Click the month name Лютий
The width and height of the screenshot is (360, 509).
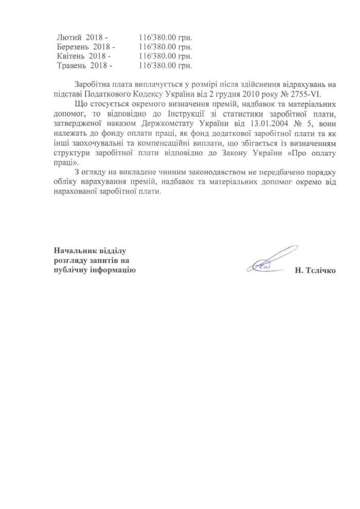[x=68, y=38]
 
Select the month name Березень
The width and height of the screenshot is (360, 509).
[x=73, y=47]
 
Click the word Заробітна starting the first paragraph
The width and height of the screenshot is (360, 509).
[x=94, y=84]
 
